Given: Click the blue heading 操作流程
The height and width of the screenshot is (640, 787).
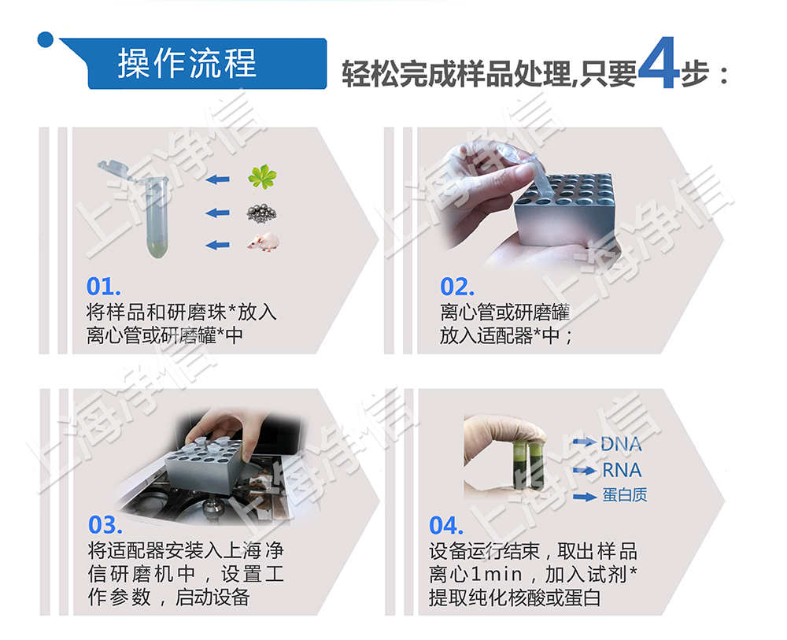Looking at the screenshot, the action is [187, 63].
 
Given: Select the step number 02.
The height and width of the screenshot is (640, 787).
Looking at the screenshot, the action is [457, 287].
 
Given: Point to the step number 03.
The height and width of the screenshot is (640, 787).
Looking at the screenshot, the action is [105, 524].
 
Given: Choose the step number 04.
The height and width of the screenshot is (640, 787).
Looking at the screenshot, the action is [446, 525].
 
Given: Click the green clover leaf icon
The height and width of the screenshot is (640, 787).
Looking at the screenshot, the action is [262, 176].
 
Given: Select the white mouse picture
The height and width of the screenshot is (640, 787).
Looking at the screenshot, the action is [263, 243].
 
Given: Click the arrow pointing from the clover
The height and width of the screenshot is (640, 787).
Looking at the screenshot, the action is [217, 179].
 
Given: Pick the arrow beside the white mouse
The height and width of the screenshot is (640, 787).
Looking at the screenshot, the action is [217, 245].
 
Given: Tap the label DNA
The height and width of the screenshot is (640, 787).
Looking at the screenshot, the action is [621, 444].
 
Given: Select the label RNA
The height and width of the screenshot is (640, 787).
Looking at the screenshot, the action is [621, 471].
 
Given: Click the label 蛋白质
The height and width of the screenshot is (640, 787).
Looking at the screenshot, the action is [625, 497].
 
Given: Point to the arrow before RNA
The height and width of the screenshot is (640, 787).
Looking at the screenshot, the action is [583, 471].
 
